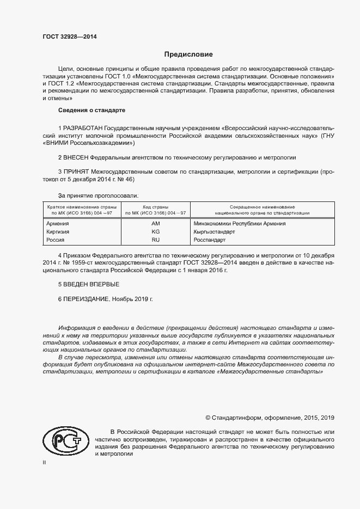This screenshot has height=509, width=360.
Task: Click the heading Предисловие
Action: click(188, 54)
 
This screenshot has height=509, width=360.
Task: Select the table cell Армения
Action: click(58, 224)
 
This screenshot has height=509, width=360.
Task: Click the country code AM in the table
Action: click(155, 224)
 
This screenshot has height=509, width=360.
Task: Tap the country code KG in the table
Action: click(155, 232)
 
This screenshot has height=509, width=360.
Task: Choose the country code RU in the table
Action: click(155, 240)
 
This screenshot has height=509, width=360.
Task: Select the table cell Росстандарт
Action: click(209, 240)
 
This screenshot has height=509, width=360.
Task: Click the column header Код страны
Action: click(155, 207)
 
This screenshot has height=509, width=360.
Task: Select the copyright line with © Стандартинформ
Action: click(270, 418)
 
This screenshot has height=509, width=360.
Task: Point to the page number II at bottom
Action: click(45, 463)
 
